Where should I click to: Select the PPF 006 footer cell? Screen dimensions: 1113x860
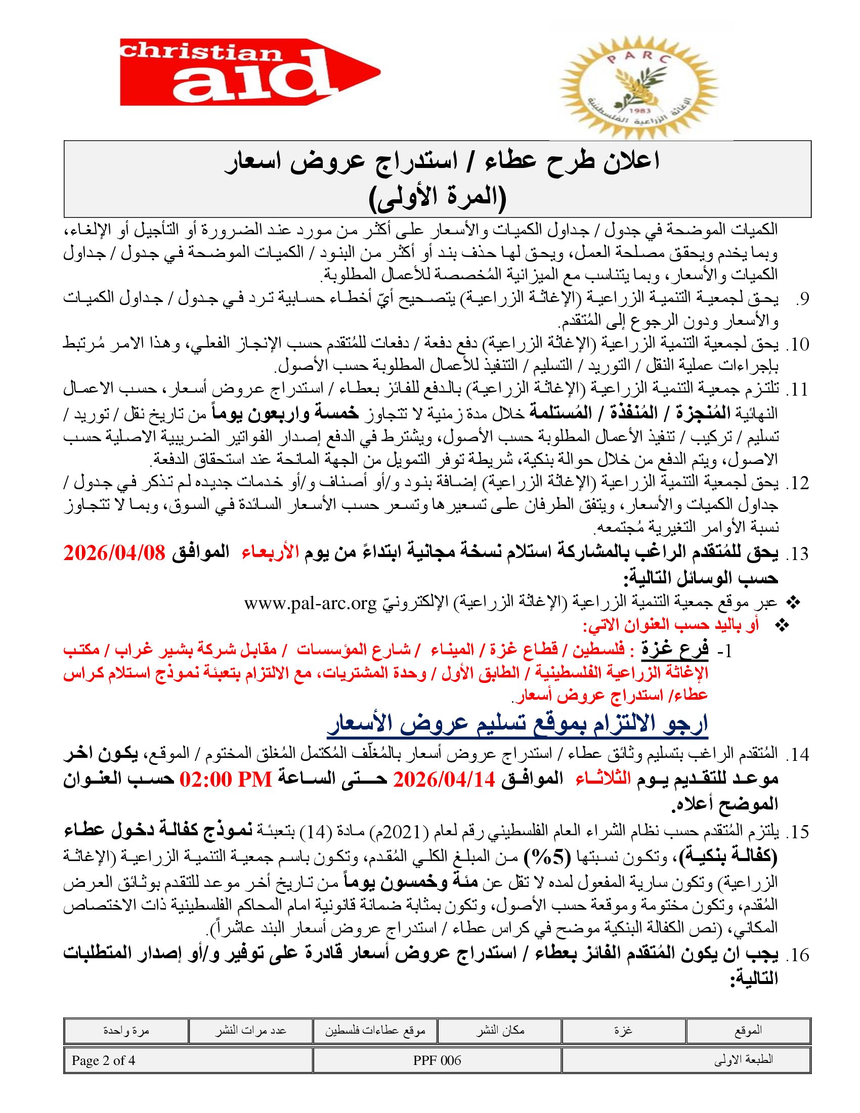437,1060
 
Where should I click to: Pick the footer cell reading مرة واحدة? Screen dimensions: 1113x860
126,1031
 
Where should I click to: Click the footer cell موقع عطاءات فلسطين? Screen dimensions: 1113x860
375,1031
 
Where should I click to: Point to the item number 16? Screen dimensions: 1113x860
797,955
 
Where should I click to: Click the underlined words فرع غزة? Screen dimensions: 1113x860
674,650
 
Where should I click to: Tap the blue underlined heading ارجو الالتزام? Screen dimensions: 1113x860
517,723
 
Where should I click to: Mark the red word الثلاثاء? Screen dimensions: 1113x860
603,779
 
